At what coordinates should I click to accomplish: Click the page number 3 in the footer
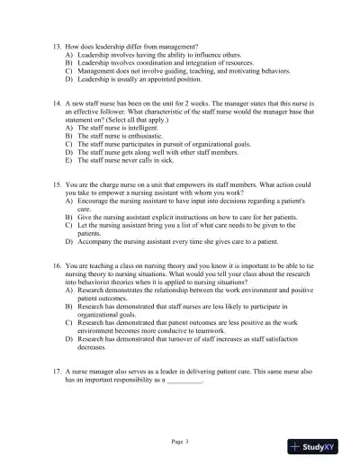coord(192,442)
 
